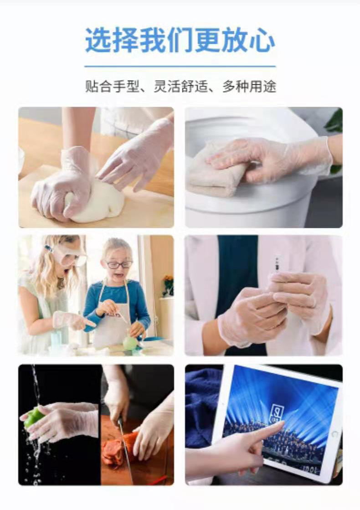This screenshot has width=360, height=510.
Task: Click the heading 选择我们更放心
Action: click(x=180, y=40)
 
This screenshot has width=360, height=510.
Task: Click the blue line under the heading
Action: click(x=180, y=67)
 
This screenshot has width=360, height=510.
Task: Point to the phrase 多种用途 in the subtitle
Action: click(x=249, y=87)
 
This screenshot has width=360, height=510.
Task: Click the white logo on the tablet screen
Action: click(x=277, y=414)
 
